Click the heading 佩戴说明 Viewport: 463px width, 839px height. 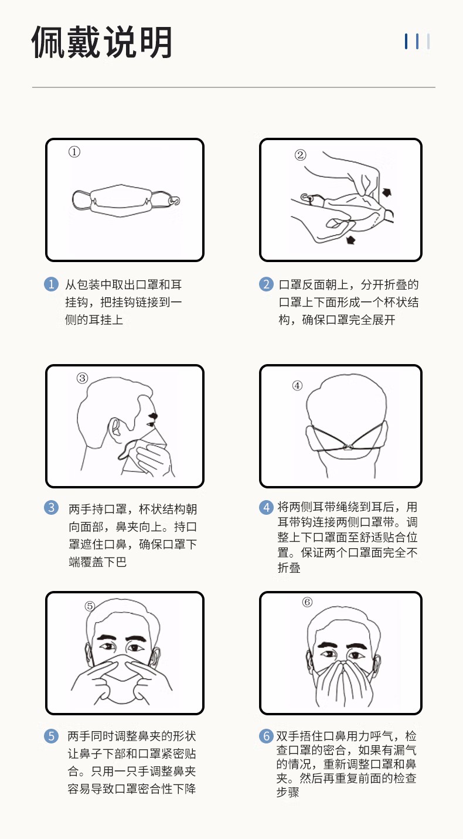click(102, 42)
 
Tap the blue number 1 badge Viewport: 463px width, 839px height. click(51, 284)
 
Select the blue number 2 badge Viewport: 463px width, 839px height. click(266, 284)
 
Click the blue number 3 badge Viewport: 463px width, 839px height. click(51, 508)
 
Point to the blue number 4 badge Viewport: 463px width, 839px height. click(266, 508)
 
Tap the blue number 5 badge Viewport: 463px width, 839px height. click(51, 736)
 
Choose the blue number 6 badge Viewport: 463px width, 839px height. click(266, 736)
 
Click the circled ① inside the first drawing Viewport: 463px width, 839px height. click(74, 152)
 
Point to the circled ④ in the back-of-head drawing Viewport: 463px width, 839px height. click(297, 385)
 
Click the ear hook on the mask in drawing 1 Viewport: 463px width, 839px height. click(175, 201)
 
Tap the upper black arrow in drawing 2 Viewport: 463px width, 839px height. click(387, 192)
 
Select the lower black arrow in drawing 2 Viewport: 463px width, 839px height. click(350, 239)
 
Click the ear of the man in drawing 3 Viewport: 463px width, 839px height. click(114, 428)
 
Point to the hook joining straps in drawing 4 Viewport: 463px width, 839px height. click(348, 447)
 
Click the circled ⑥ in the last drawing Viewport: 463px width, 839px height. click(307, 602)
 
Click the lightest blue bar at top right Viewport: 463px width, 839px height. click(428, 41)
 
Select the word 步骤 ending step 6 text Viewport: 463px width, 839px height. click(288, 792)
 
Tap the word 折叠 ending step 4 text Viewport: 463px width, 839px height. click(289, 568)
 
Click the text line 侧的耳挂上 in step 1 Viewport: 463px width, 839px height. click(94, 320)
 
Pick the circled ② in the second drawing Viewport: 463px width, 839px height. click(300, 155)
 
